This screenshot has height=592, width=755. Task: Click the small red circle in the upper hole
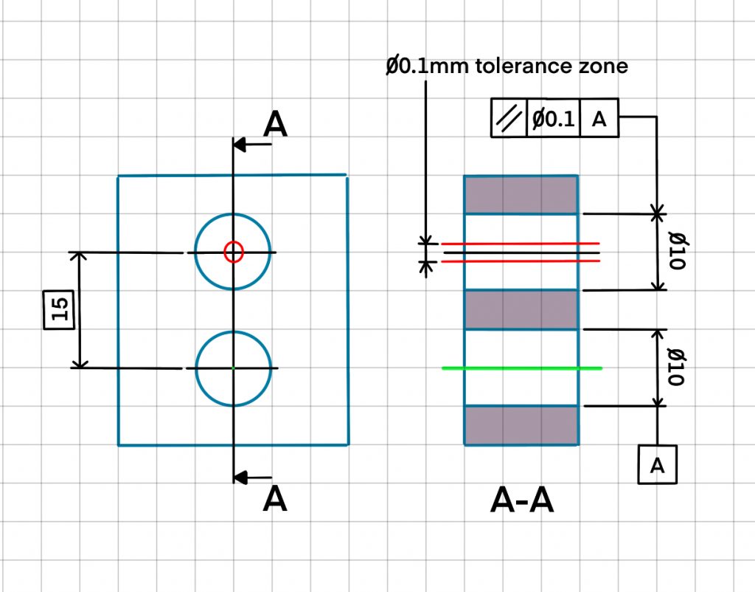point(233,252)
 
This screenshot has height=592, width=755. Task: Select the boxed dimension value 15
point(61,309)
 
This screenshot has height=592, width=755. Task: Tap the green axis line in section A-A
point(522,368)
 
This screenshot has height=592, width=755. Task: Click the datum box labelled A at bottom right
point(657,464)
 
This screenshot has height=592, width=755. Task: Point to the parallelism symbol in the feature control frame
point(509,119)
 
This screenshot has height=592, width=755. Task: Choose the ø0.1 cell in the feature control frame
point(553,119)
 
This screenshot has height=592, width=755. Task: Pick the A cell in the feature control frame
point(599,119)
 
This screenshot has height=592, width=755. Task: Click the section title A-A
point(522,501)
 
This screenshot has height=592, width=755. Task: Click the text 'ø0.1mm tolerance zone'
point(507,66)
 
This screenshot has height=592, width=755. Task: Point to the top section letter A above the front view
point(275,124)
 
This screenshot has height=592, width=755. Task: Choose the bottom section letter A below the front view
point(274,500)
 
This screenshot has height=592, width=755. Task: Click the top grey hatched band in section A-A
point(521,195)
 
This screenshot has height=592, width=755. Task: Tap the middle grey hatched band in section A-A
point(521,309)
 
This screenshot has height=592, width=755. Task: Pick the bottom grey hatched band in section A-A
point(521,425)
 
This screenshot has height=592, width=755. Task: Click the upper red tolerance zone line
point(521,244)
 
